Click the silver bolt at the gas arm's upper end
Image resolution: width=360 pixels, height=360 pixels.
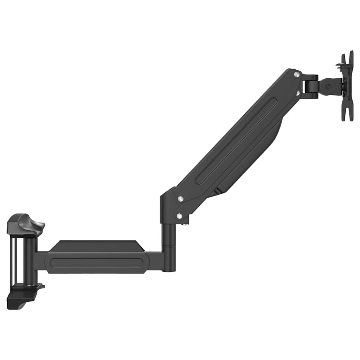click(x=297, y=75)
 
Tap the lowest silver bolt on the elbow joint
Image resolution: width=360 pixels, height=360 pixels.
click(x=180, y=216)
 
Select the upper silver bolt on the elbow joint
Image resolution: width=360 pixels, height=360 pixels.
click(x=180, y=199)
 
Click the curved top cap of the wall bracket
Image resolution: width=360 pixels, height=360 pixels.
click(x=26, y=223)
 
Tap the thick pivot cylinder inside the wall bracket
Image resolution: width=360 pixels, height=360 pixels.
click(x=30, y=260)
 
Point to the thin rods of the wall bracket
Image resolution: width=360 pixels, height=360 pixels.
click(x=14, y=260)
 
